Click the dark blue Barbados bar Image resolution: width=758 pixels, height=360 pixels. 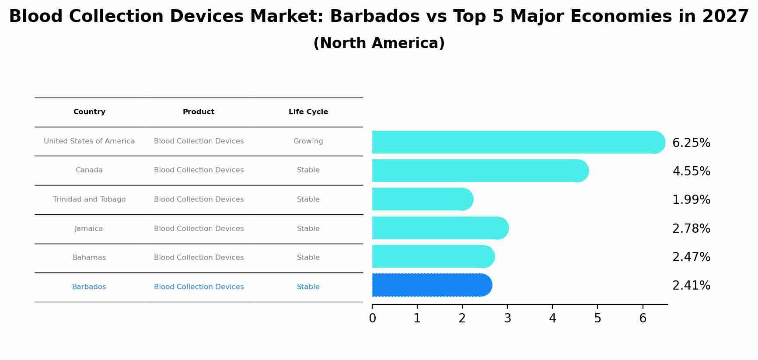pyautogui.click(x=431, y=285)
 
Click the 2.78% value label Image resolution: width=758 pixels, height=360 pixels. pyautogui.click(x=691, y=228)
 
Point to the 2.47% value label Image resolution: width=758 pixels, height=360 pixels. pyautogui.click(x=691, y=257)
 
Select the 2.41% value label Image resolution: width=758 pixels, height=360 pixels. pyautogui.click(x=691, y=286)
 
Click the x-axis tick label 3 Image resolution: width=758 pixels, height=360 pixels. pyautogui.click(x=507, y=318)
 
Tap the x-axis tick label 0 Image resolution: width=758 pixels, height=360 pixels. pyautogui.click(x=372, y=318)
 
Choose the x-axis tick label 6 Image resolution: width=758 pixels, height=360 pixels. pyautogui.click(x=643, y=318)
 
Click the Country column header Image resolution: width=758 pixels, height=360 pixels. pyautogui.click(x=89, y=112)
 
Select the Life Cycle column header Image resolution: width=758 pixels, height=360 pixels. pyautogui.click(x=308, y=112)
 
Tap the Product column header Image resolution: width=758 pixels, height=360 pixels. pyautogui.click(x=199, y=112)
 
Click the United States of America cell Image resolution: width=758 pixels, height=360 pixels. pyautogui.click(x=89, y=141)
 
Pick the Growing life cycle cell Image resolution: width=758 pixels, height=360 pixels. pyautogui.click(x=308, y=141)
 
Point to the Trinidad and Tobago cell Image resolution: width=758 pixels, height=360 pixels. pyautogui.click(x=89, y=199)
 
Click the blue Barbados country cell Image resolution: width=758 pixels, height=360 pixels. pyautogui.click(x=89, y=287)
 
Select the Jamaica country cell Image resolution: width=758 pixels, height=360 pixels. pyautogui.click(x=89, y=229)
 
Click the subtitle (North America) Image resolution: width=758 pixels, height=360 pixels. pyautogui.click(x=379, y=43)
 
